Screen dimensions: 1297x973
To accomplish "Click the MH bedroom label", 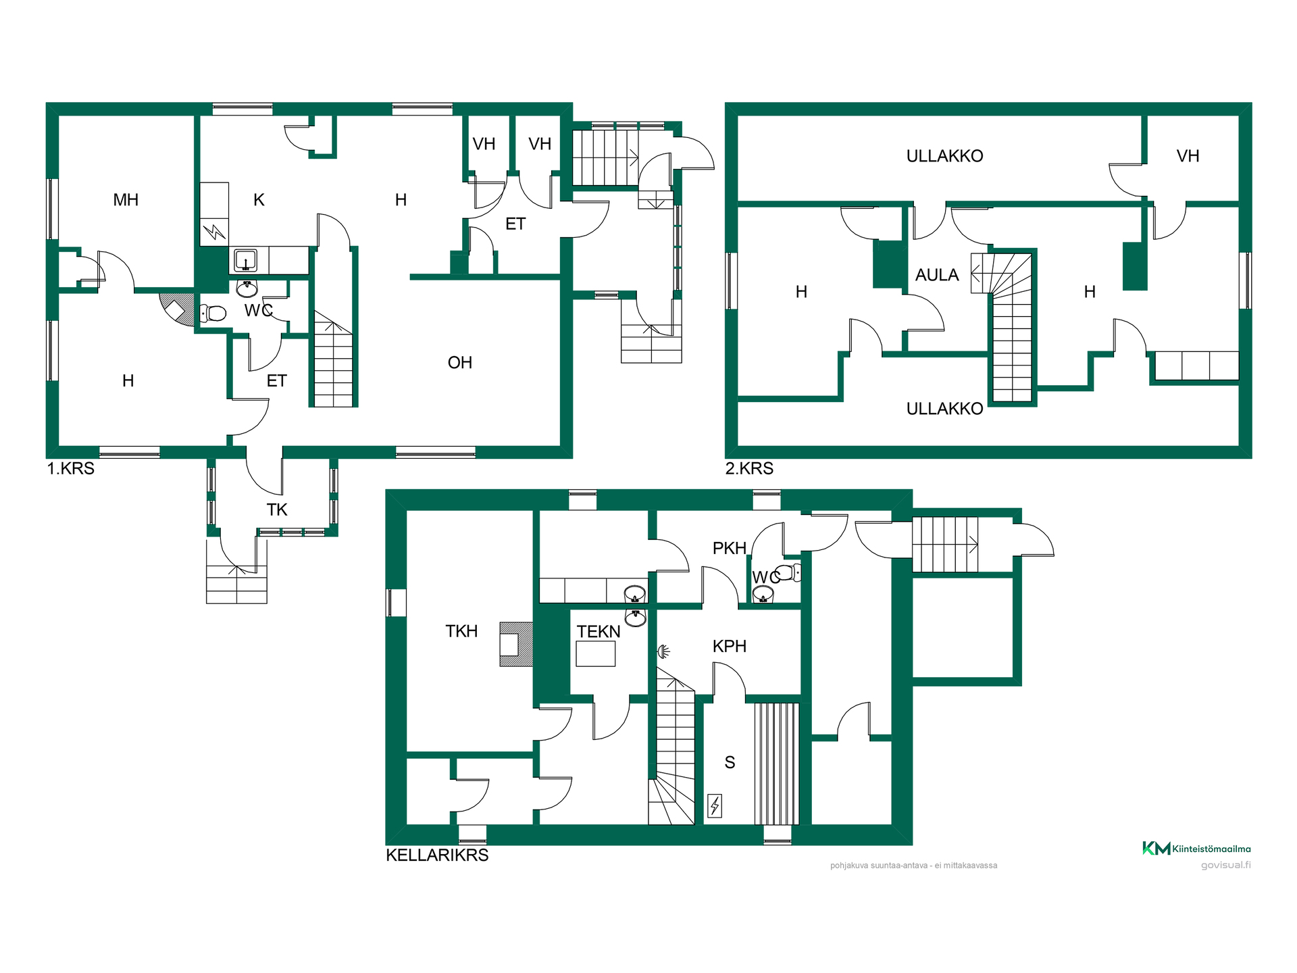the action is [126, 200].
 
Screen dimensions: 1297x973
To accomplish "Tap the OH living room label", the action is [460, 363].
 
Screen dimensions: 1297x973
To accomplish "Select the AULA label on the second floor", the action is [937, 275].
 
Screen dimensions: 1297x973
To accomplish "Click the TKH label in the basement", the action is [461, 631].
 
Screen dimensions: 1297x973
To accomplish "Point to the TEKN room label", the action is [599, 632].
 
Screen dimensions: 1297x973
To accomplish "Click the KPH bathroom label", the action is [730, 647].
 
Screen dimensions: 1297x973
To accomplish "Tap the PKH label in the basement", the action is [730, 549].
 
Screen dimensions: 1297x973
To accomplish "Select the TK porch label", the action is [277, 510].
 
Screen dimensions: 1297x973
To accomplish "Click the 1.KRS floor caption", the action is [71, 468].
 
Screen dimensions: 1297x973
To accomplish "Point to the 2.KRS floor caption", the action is [749, 468].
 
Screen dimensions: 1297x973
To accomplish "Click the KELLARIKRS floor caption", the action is [437, 855].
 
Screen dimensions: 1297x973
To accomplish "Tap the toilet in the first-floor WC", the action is [213, 314].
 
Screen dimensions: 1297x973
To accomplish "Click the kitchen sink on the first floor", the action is [245, 260].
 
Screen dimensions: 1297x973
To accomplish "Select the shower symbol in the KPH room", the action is [664, 651].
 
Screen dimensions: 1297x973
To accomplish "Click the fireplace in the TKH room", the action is [516, 645].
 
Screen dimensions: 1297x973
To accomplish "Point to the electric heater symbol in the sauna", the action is [715, 805].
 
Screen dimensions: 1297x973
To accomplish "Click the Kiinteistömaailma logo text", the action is [1211, 849].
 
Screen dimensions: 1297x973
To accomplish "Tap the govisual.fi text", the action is [1225, 865].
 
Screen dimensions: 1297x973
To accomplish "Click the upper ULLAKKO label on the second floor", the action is [944, 156].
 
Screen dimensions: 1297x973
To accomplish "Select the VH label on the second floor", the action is [1188, 156].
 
